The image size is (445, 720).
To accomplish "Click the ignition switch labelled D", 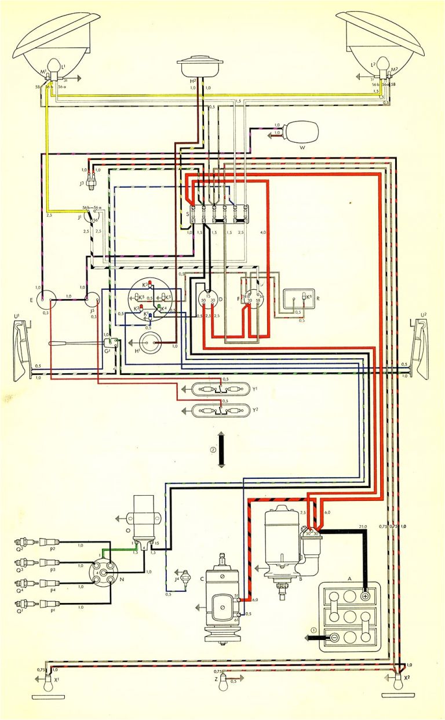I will point(207,299).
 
